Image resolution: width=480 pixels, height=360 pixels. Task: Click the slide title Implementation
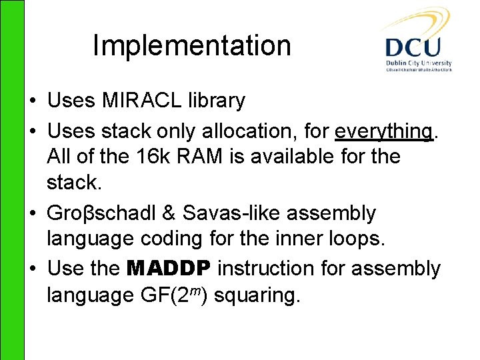click(x=191, y=45)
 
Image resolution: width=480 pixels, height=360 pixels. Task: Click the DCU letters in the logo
click(x=413, y=47)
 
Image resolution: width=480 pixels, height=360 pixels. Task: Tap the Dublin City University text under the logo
click(x=418, y=63)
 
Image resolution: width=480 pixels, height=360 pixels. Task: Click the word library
click(x=218, y=101)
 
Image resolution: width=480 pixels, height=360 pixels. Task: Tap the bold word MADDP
click(x=169, y=269)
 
